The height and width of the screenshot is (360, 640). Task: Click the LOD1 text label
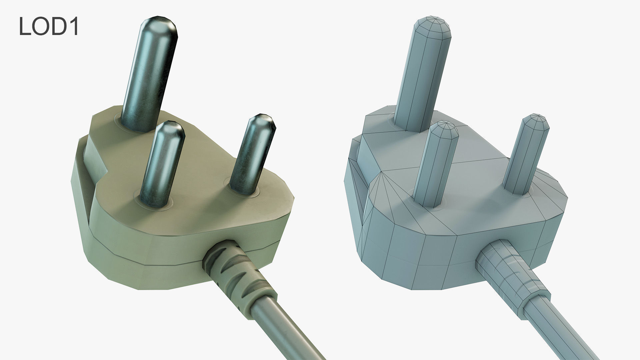pos(49,26)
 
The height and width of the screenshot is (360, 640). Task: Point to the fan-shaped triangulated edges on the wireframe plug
pos(380,200)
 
